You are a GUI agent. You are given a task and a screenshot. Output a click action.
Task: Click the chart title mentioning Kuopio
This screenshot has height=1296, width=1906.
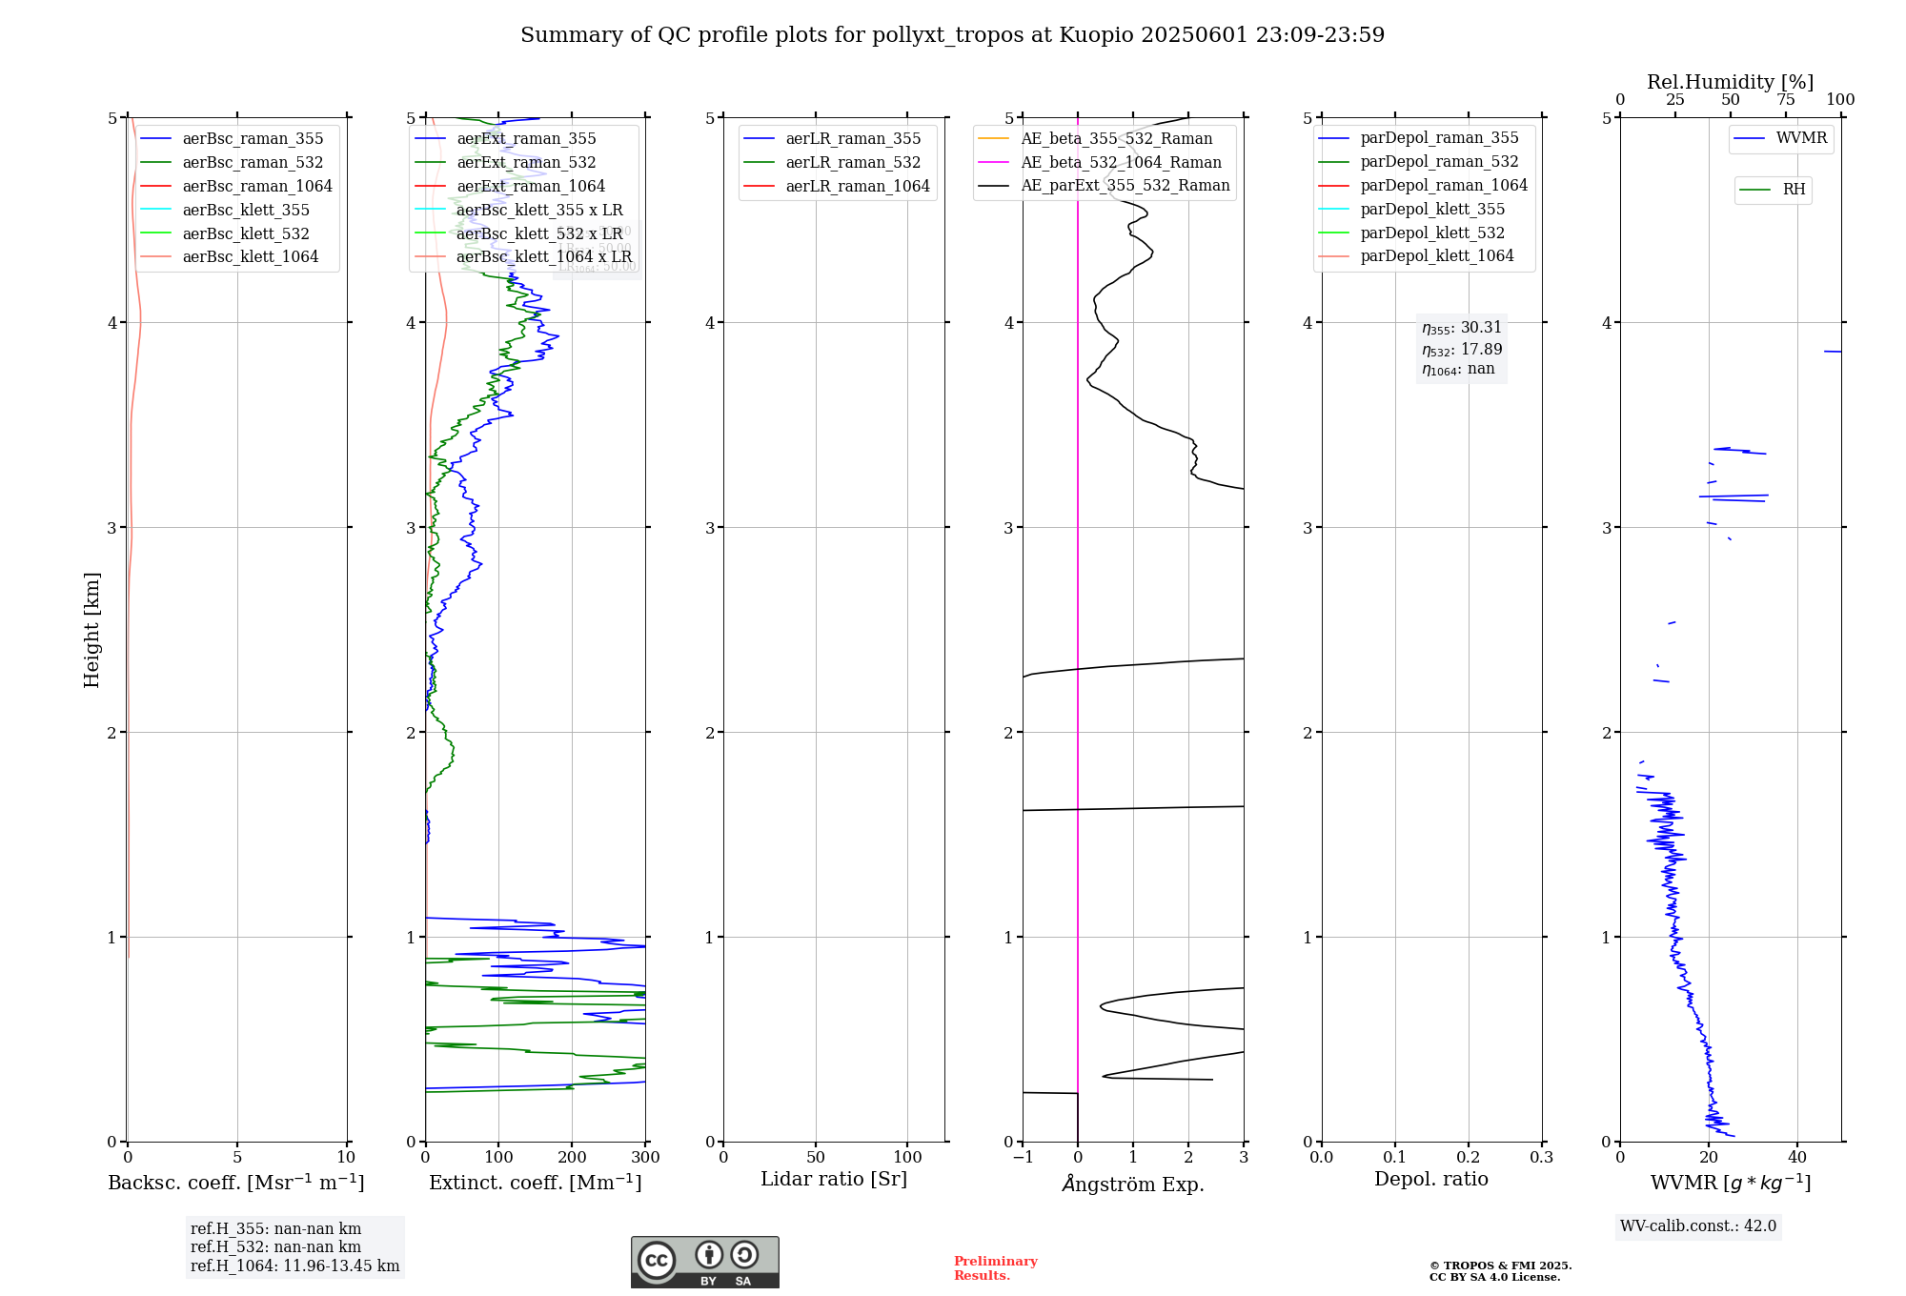point(952,35)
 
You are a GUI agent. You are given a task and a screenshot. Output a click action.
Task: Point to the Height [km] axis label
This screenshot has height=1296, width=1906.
point(91,629)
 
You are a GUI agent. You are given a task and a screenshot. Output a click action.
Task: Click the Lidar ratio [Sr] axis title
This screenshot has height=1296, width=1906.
point(834,1179)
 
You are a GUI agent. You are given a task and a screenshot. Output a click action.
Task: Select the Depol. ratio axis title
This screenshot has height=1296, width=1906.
point(1430,1179)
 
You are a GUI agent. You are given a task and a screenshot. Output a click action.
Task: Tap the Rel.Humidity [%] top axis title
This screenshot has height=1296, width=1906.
point(1730,82)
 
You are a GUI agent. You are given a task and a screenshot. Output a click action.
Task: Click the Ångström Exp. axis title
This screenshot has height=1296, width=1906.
point(1133,1184)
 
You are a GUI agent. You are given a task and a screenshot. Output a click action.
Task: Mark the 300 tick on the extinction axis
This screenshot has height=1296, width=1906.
point(645,1157)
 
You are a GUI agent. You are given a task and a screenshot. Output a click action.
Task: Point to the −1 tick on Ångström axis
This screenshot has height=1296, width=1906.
point(1023,1157)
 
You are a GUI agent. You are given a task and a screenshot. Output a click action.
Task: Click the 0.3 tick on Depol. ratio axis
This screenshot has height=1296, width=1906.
point(1541,1157)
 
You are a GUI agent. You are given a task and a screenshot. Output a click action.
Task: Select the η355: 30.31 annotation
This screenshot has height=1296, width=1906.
point(1461,328)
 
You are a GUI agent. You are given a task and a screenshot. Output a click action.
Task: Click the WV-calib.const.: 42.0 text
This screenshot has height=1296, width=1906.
point(1698,1225)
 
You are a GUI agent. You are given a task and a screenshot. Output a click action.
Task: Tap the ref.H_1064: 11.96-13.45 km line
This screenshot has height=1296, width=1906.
point(294,1266)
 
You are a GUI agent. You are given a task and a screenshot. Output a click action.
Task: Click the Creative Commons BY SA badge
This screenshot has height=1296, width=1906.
point(704,1262)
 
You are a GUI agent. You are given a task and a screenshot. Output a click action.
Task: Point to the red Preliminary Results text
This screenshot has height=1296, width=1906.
point(995,1267)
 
